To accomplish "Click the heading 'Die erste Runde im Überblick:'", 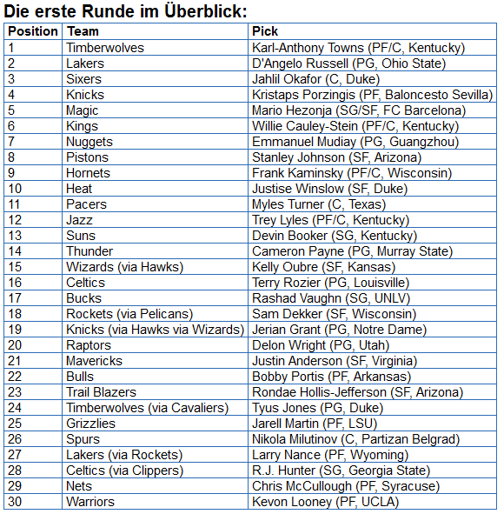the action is [x=126, y=11].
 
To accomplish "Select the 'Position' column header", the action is [x=32, y=31].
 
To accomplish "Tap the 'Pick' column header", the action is [x=265, y=31].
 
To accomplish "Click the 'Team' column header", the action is [x=83, y=31].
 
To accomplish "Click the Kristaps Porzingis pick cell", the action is [x=372, y=95].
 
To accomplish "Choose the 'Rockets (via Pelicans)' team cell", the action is [x=129, y=314].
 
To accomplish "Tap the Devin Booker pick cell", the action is [x=335, y=236].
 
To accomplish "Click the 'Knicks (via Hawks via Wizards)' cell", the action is [x=155, y=330].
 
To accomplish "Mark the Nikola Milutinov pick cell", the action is [x=355, y=439].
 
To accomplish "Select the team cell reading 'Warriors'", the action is [x=90, y=502].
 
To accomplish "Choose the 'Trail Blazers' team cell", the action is [x=101, y=392].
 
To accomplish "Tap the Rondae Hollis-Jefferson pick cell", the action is [x=357, y=392].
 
